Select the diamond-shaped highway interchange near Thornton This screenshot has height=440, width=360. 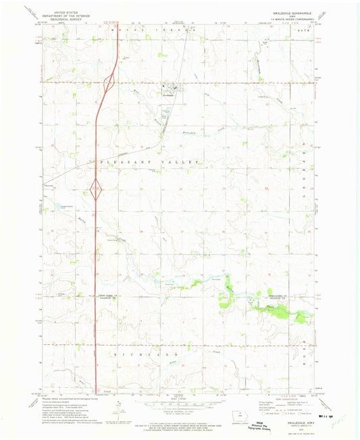(x=97, y=191)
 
